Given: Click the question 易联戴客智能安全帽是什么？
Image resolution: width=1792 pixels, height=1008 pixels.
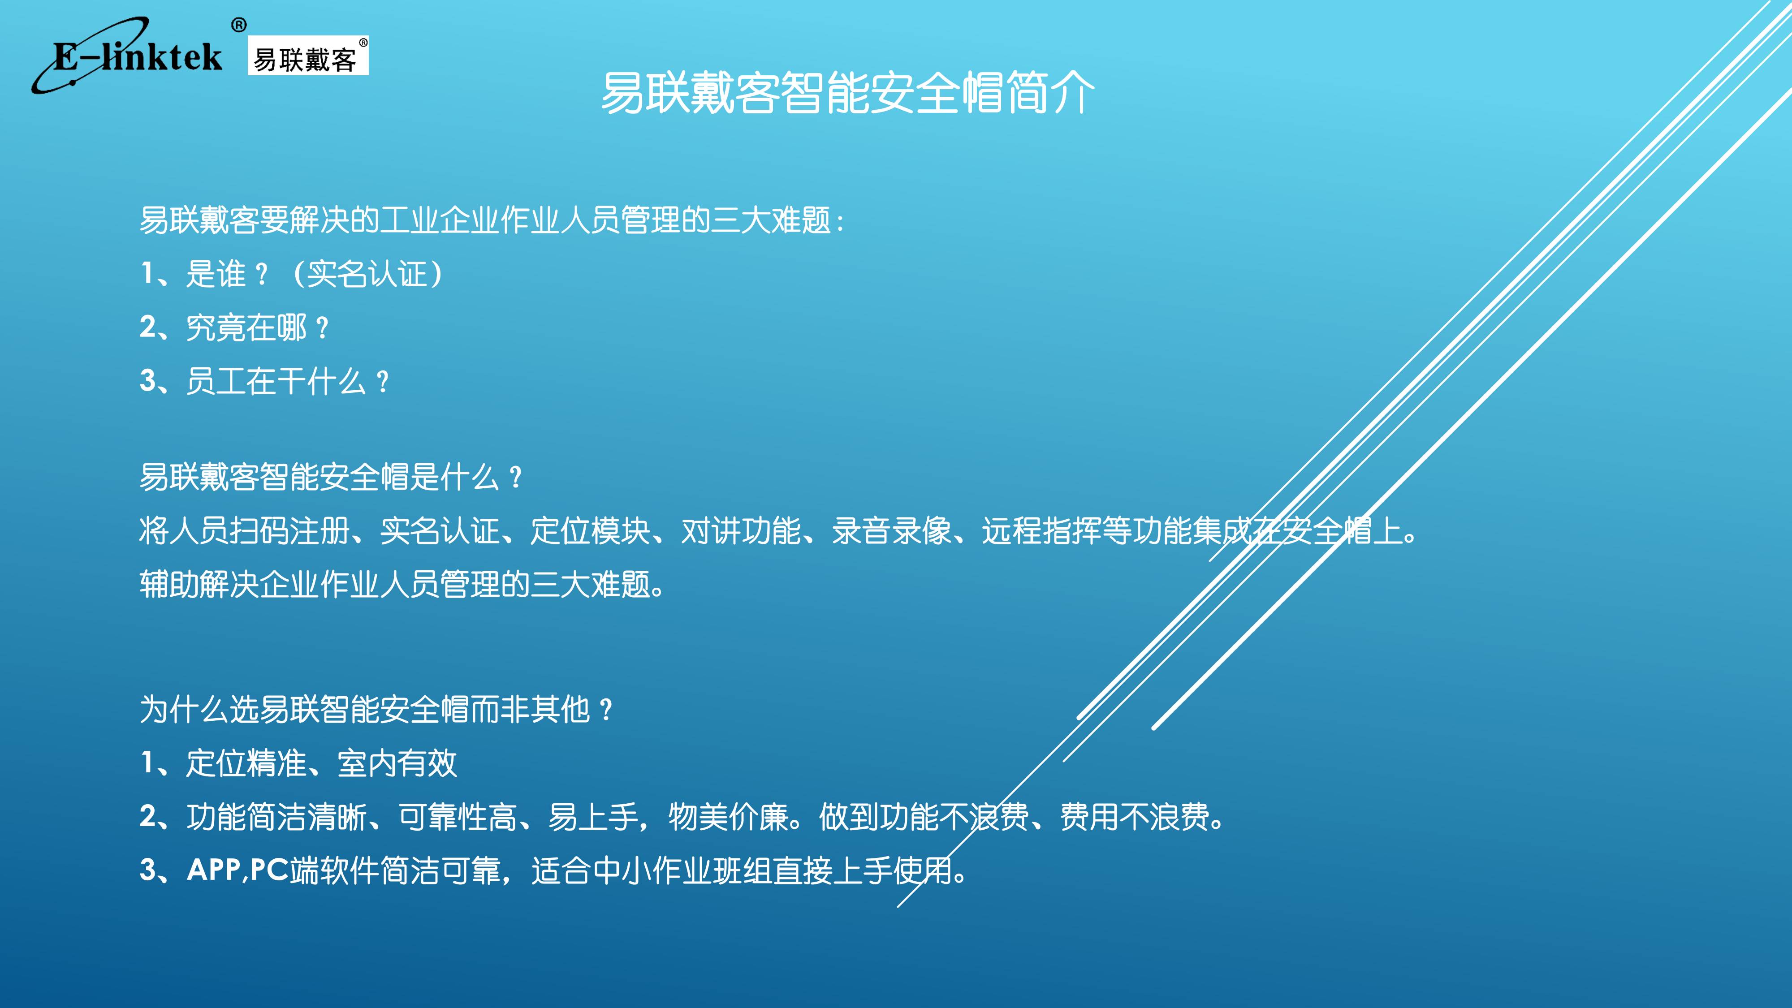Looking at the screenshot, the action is (330, 477).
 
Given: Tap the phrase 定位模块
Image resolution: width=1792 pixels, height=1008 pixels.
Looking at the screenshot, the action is (590, 531).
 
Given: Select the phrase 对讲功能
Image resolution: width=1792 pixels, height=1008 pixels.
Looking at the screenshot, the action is (741, 531).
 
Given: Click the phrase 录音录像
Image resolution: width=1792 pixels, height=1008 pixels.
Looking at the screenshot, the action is (892, 531).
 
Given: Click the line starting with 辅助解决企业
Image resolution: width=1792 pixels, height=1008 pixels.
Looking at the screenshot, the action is (402, 584).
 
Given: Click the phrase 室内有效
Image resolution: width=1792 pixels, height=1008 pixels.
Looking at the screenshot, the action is (397, 763).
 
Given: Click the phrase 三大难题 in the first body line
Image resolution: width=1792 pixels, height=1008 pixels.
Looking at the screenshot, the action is (772, 220).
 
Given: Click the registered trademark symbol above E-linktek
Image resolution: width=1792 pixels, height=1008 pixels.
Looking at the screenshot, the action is (238, 26).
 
